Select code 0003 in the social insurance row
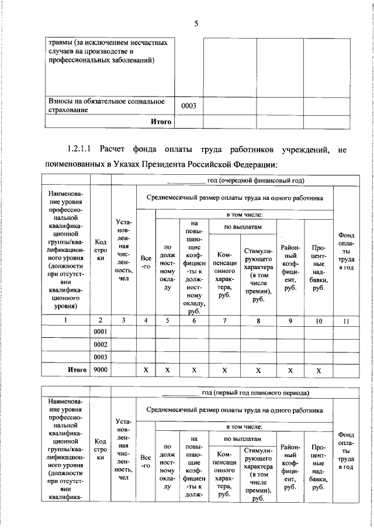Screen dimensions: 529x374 coord(188,106)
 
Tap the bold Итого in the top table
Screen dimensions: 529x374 coord(161,122)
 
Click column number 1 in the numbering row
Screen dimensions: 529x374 coord(66,320)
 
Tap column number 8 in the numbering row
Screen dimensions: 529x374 coord(258,320)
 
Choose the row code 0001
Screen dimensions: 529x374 coord(101,332)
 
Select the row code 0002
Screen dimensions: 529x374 coord(101,344)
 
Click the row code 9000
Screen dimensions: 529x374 coord(101,369)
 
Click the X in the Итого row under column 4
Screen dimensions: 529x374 coord(146,370)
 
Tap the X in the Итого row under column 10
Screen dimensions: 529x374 coord(318,370)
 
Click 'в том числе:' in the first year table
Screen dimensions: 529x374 coord(244,215)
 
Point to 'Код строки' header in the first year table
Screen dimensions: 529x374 coord(101,249)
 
